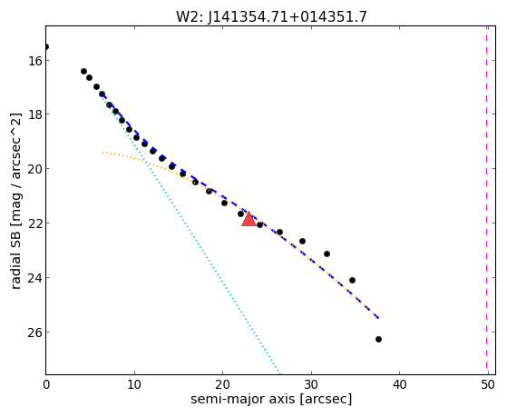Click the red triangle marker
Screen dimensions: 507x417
(249, 219)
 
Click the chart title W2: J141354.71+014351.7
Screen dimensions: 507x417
(271, 16)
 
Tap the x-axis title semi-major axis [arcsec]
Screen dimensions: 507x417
(271, 399)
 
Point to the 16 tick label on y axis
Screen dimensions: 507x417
(34, 61)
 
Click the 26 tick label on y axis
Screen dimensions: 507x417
(34, 333)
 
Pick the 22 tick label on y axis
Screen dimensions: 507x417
(34, 223)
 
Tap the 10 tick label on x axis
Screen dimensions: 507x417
(134, 384)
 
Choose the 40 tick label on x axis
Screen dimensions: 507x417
(399, 384)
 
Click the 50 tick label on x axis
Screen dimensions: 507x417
(488, 384)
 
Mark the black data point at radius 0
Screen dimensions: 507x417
(46, 47)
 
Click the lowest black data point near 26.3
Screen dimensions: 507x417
(378, 339)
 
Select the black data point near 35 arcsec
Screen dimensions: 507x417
(353, 280)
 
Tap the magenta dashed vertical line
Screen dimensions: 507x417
(486, 200)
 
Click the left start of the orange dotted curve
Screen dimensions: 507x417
(102, 152)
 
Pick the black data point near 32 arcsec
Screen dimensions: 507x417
(327, 253)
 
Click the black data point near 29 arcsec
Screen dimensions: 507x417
(302, 241)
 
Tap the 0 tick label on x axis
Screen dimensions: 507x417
(46, 384)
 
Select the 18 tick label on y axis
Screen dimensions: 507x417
(34, 114)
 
